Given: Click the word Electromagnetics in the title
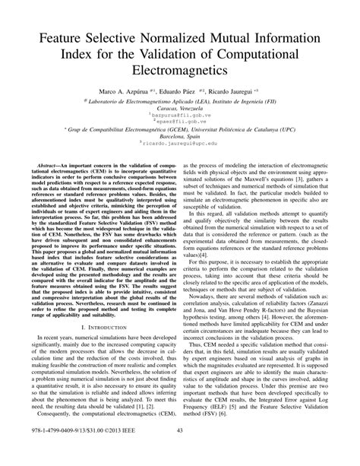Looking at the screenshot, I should [x=179, y=69].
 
